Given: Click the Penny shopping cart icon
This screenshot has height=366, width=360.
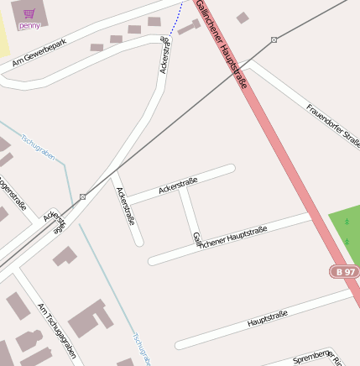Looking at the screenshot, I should [x=29, y=13].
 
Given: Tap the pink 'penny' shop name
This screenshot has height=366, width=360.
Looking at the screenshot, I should [x=29, y=25].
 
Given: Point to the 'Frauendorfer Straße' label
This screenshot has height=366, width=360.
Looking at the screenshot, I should [x=333, y=124].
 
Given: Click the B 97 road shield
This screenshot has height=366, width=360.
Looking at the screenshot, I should [x=343, y=272].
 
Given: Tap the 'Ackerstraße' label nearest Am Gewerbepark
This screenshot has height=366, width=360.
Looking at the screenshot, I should [x=164, y=55].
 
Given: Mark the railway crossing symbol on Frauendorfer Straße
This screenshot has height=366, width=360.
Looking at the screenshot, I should [x=274, y=39].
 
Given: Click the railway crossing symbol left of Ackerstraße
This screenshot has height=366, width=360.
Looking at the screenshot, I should [x=82, y=196].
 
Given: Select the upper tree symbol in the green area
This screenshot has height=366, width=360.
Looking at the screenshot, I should [x=347, y=222].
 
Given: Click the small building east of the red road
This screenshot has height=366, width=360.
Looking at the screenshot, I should [x=243, y=18].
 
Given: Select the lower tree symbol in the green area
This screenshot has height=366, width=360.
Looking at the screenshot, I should [x=347, y=241].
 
